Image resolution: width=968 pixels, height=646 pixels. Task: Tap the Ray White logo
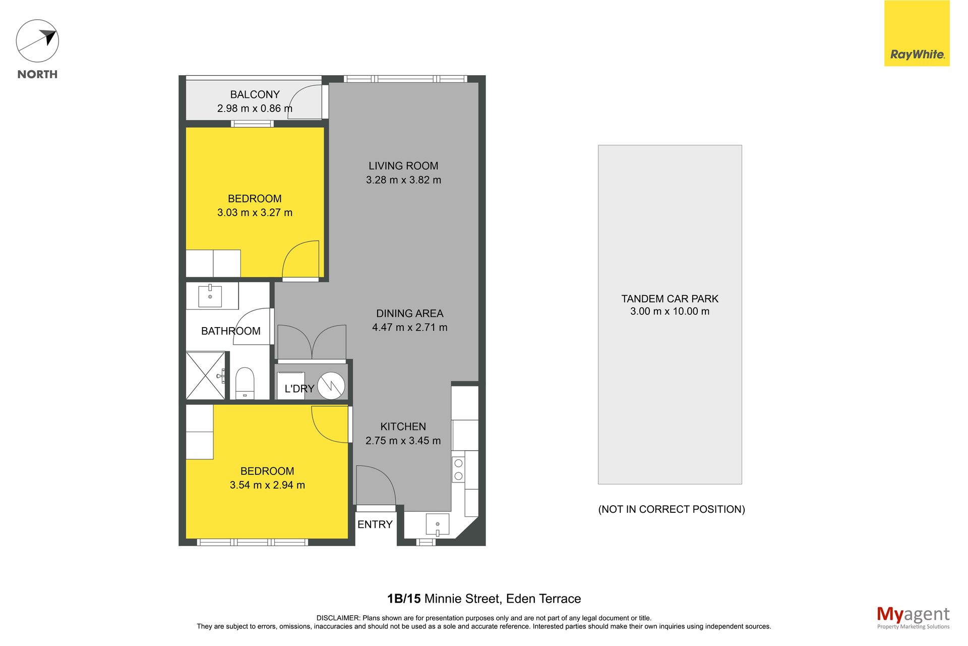917,33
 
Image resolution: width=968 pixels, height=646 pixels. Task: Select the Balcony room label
255,94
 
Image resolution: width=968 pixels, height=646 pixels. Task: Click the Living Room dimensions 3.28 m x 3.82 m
403,180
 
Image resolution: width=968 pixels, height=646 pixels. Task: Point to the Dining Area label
409,313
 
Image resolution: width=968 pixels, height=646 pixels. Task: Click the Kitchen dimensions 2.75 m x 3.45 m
403,441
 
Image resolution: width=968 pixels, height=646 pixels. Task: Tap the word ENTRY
375,524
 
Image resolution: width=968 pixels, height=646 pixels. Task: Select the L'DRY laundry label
299,389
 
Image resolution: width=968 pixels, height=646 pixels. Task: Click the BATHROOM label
231,331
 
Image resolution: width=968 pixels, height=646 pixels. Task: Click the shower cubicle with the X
206,375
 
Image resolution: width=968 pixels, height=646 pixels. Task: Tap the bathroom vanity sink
210,296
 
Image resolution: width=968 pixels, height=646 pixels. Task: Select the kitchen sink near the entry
438,524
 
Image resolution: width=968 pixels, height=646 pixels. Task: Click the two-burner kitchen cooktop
458,469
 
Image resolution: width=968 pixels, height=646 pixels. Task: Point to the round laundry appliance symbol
332,386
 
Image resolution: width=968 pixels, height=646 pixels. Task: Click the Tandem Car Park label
670,299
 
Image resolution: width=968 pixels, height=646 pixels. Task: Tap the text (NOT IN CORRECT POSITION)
672,509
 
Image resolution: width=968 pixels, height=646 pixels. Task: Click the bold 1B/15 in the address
404,599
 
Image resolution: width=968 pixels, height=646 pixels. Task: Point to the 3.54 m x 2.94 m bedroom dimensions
267,485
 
